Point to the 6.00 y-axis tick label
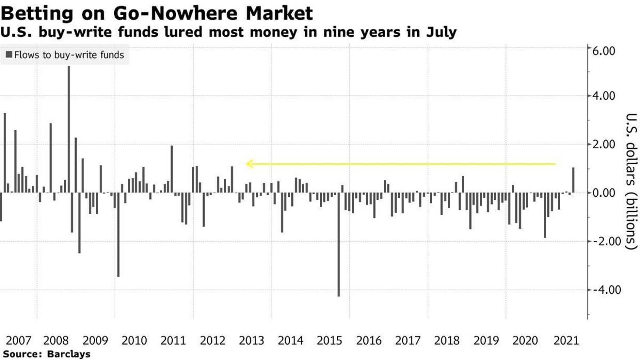[x=602, y=50]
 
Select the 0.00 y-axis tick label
[x=602, y=193]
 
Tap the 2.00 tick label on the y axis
[x=602, y=144]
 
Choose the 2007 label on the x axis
[x=18, y=340]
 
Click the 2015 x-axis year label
[x=329, y=340]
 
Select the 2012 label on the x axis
[x=212, y=340]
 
